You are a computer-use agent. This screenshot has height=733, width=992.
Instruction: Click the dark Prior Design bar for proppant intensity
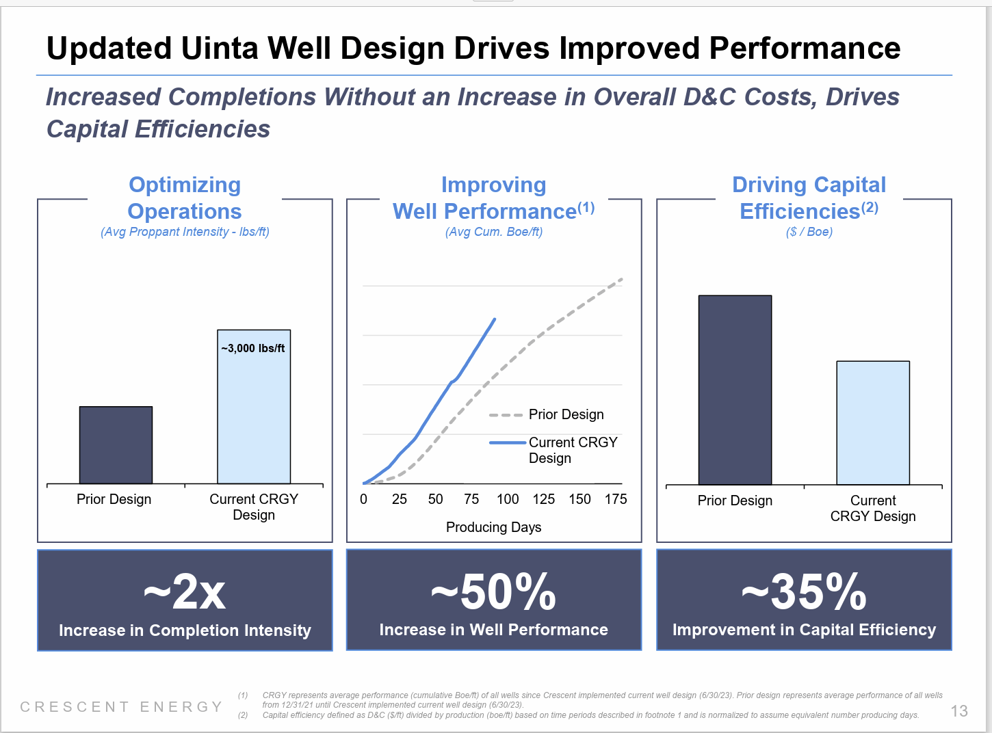(x=116, y=445)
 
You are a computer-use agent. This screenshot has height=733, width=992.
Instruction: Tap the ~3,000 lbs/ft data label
(x=253, y=348)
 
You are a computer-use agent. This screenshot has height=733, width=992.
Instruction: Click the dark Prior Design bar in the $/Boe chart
(x=735, y=390)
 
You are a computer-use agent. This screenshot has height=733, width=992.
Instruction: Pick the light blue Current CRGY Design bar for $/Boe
(x=873, y=423)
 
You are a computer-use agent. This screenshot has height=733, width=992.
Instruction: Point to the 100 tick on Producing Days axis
(x=508, y=499)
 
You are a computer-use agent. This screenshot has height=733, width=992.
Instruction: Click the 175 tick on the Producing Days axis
(x=616, y=499)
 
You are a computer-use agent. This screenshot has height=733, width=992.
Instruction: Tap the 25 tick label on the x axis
(x=400, y=499)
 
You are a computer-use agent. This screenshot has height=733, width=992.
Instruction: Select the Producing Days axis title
(x=493, y=527)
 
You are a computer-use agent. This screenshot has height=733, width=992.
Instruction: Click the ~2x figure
(x=185, y=592)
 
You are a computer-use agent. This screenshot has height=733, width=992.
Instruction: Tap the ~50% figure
(x=493, y=592)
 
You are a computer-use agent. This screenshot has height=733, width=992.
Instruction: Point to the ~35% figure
(x=804, y=592)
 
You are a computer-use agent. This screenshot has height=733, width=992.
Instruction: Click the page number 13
(x=959, y=711)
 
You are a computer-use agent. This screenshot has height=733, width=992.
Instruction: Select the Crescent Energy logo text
(x=122, y=707)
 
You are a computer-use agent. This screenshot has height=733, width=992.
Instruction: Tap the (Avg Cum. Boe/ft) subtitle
(x=493, y=232)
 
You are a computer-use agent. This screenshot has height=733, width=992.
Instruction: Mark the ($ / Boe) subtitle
(x=809, y=232)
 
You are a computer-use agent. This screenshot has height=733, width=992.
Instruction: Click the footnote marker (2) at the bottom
(x=243, y=715)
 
